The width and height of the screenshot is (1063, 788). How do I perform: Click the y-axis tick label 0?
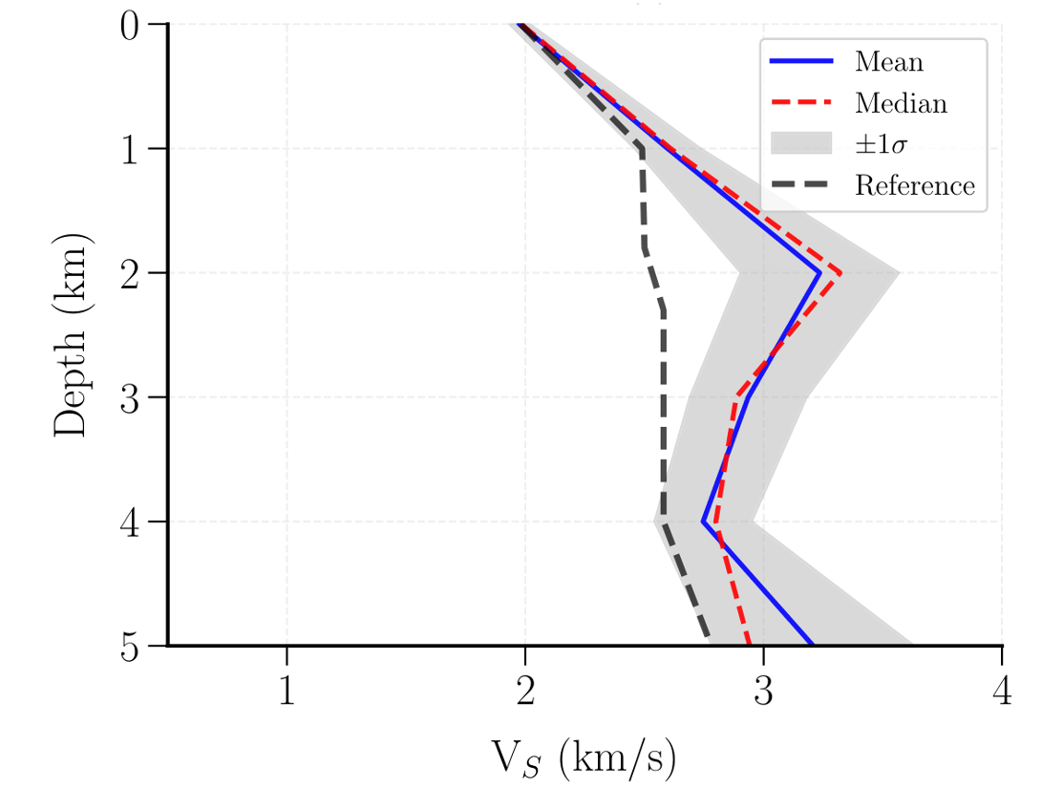coord(132,25)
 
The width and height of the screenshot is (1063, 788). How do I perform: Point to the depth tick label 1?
coord(132,150)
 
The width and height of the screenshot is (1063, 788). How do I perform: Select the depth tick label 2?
coord(132,274)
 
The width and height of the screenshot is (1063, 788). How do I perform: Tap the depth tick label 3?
coord(132,398)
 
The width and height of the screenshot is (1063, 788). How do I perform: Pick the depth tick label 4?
coord(132,522)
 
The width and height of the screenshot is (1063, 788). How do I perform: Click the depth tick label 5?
coord(132,647)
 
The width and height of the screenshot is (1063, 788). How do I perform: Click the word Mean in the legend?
coord(888,62)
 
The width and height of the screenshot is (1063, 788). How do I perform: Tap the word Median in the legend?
coord(901,102)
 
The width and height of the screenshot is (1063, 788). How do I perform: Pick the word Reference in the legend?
coord(914,185)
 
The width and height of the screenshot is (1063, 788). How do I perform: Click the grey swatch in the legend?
coord(801,143)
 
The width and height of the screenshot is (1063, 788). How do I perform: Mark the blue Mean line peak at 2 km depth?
coord(819,273)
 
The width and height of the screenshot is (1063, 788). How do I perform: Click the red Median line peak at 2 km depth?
coord(840,273)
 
